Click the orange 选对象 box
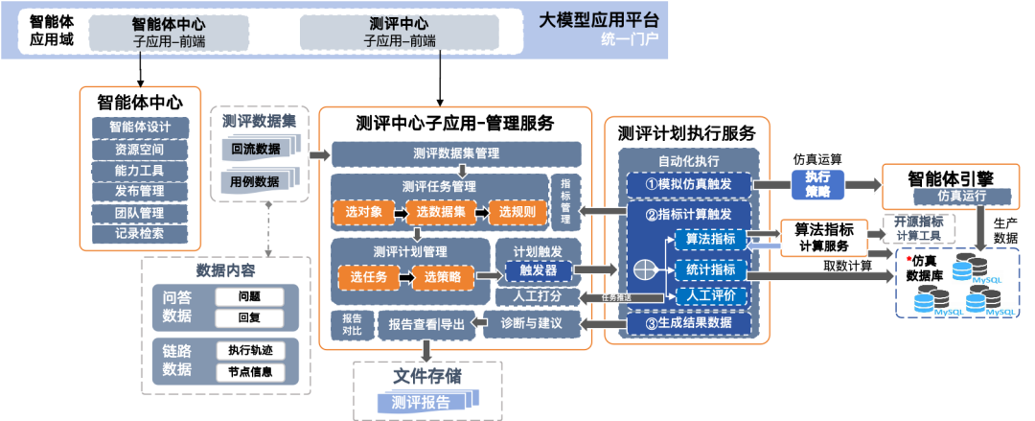point(363,212)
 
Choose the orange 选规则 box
point(517,212)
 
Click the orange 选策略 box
point(444,277)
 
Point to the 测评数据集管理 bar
point(456,153)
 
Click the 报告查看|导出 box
point(426,325)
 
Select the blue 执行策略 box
point(816,184)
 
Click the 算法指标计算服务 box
point(824,237)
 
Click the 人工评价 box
point(710,295)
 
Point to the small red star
point(908,259)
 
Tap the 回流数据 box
point(256,149)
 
